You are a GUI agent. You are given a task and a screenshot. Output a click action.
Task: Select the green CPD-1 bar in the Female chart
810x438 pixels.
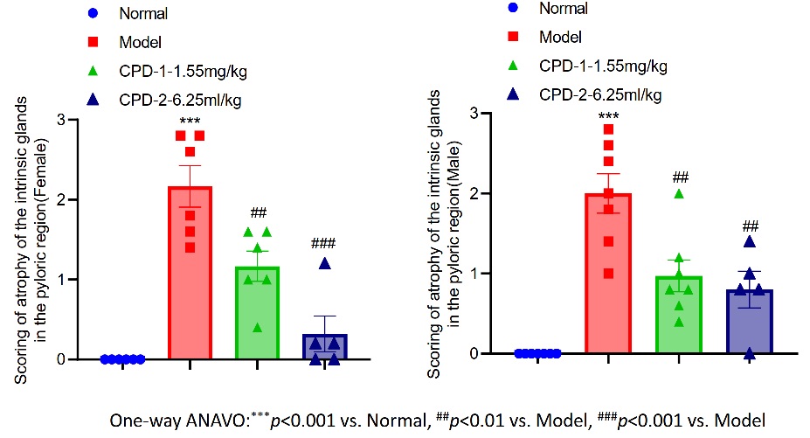click(x=257, y=315)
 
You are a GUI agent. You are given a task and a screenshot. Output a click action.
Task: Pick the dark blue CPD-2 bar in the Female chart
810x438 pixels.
click(x=325, y=346)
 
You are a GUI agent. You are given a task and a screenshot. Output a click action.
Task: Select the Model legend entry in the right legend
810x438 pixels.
click(x=560, y=37)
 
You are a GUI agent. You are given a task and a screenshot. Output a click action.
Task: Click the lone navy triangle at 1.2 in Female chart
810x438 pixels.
click(x=325, y=263)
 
